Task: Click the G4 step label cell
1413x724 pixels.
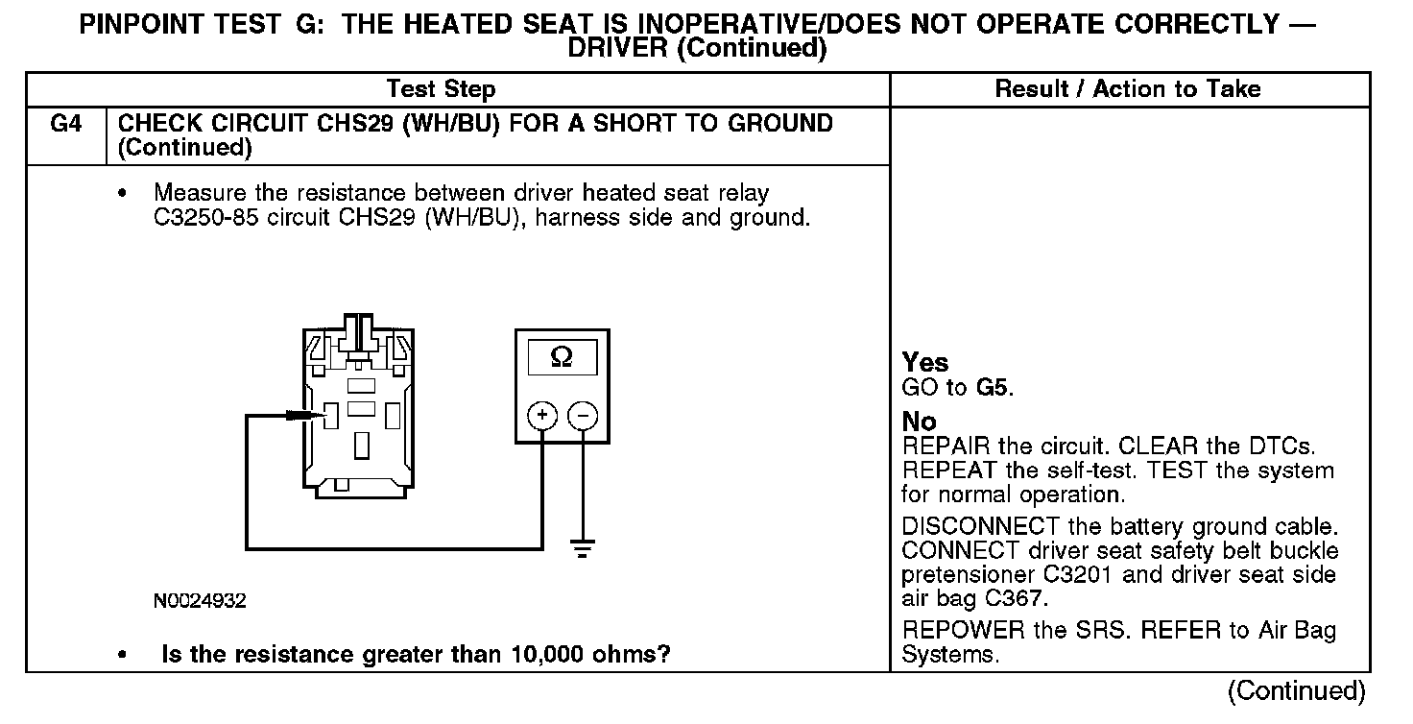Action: [64, 124]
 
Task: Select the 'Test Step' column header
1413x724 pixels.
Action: [441, 90]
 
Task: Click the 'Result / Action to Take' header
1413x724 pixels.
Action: [1128, 90]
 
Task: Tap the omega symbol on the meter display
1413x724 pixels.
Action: [562, 357]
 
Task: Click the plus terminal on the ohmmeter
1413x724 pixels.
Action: [541, 416]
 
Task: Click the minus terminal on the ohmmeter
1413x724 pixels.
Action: [583, 416]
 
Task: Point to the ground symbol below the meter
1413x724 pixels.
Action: [582, 549]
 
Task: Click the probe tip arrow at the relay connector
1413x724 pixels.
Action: [306, 415]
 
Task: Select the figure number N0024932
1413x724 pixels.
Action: [200, 601]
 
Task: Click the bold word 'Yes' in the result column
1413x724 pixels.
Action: [925, 363]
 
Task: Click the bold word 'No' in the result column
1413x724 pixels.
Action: [919, 422]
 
